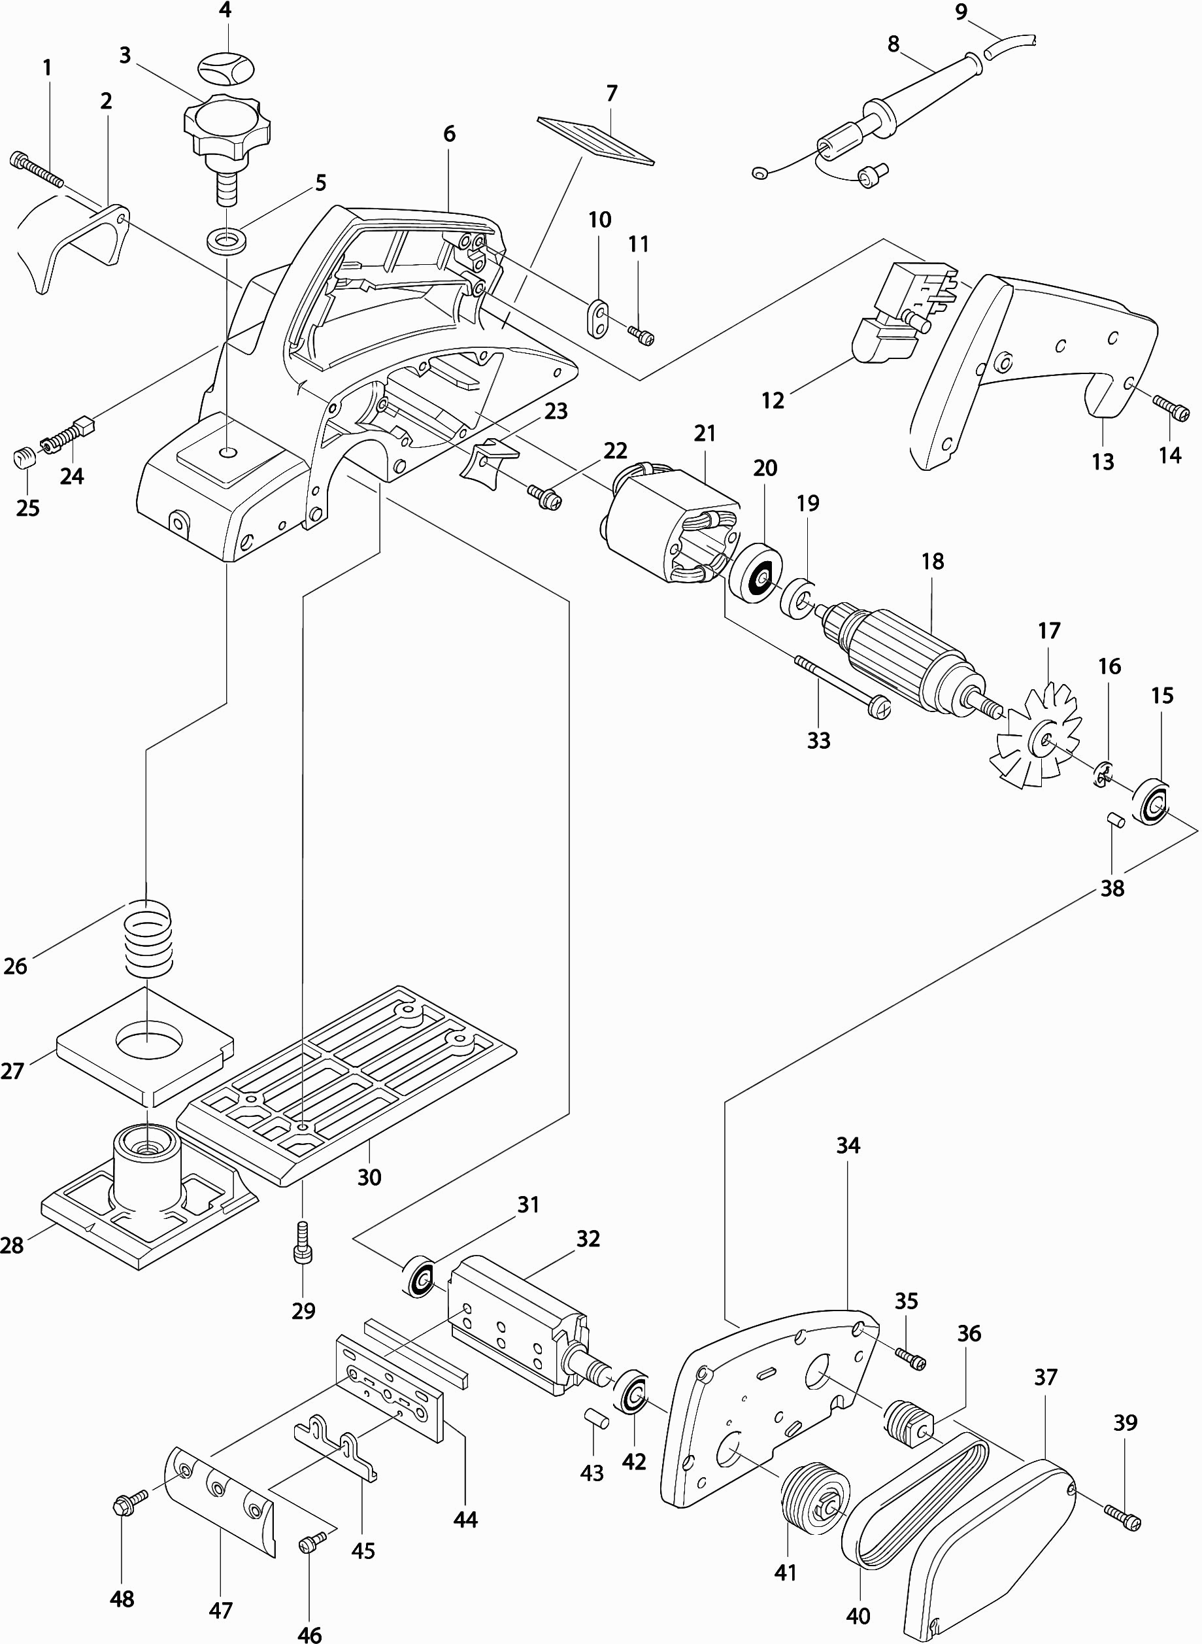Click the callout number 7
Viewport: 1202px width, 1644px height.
pyautogui.click(x=611, y=94)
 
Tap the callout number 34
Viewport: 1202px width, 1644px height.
pyautogui.click(x=848, y=1146)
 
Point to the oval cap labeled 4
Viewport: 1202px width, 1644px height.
pyautogui.click(x=226, y=67)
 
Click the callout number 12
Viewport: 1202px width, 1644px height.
pyautogui.click(x=773, y=400)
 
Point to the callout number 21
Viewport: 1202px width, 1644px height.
pyautogui.click(x=705, y=434)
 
